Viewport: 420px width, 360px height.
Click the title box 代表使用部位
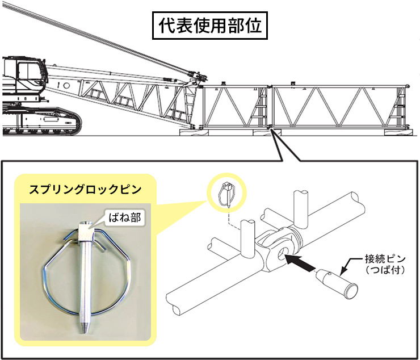[210, 26]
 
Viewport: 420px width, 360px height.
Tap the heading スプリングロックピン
[85, 190]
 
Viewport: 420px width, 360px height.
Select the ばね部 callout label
[124, 217]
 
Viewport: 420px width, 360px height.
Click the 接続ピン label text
[385, 259]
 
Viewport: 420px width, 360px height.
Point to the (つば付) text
[385, 270]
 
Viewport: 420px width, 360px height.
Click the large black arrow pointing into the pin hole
[300, 262]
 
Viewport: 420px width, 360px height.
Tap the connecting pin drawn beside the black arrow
[337, 283]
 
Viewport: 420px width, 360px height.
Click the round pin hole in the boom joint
[282, 253]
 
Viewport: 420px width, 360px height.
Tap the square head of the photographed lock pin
[86, 231]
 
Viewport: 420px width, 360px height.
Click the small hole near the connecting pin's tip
[329, 274]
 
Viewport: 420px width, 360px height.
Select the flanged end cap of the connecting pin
[351, 291]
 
